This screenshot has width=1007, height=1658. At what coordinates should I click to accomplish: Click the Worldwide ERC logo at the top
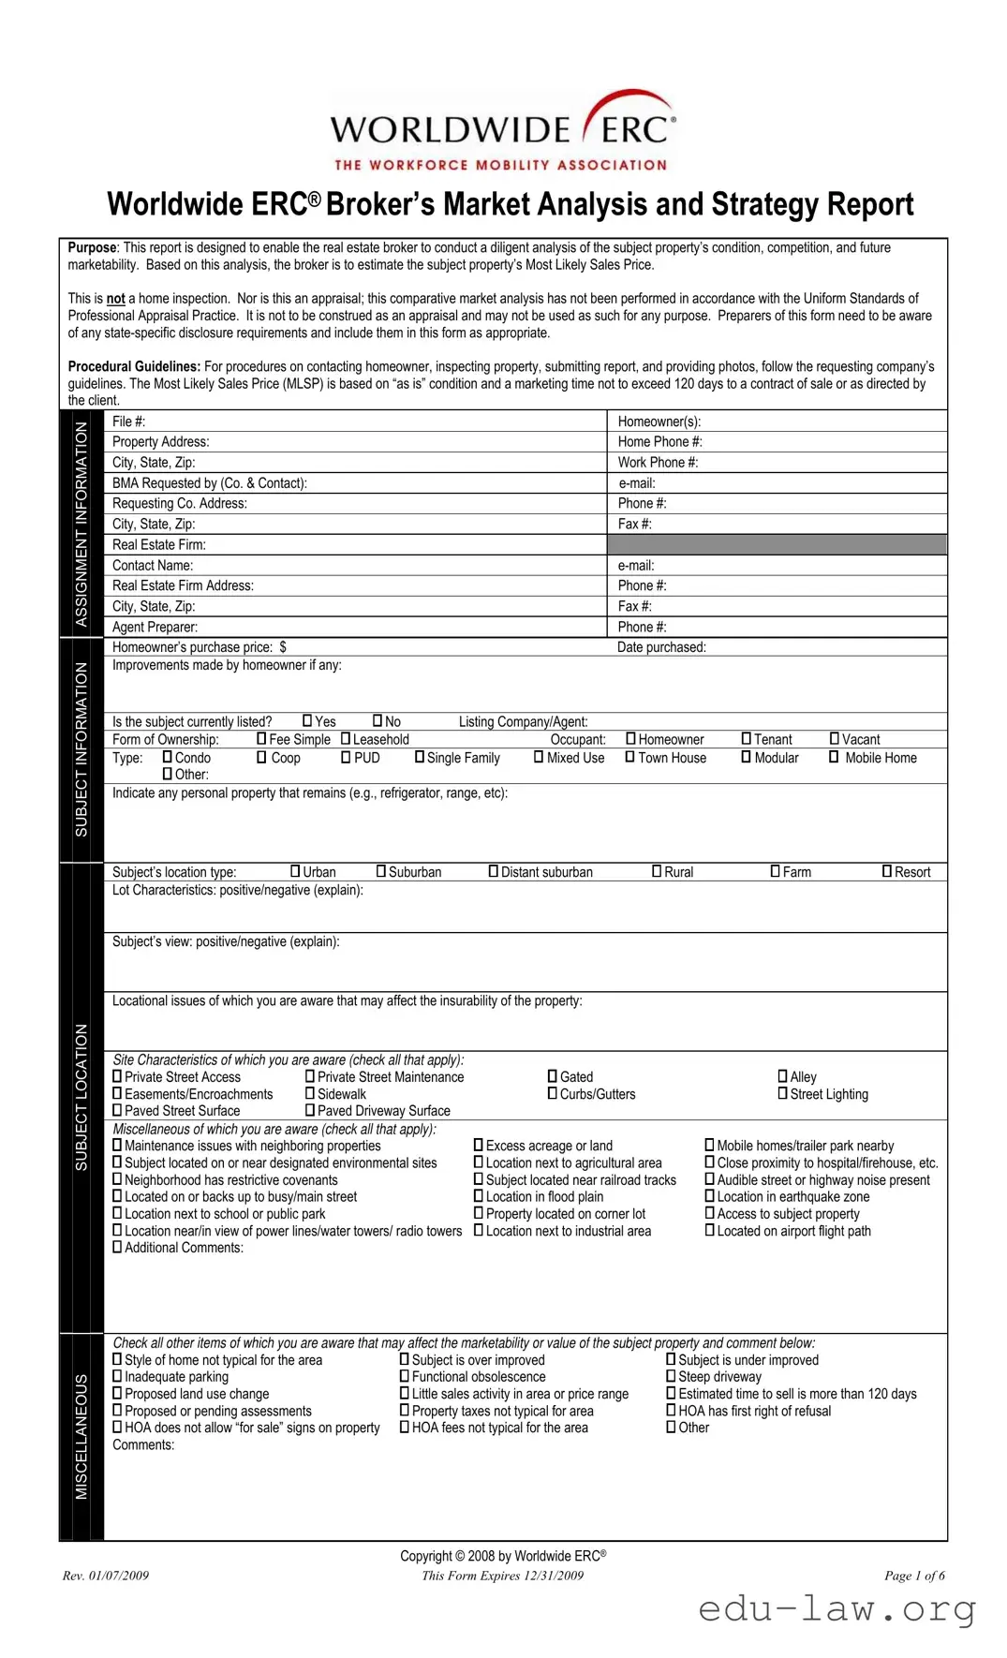coord(503,132)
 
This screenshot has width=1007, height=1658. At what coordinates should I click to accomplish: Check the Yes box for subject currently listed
coord(307,720)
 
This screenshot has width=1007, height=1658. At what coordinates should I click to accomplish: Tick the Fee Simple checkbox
coord(261,738)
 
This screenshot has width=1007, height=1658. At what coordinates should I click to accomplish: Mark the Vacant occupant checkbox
coord(834,738)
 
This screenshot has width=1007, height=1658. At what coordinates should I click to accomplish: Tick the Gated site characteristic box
coord(553,1076)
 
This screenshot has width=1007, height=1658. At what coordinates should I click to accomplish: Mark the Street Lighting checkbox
coord(782,1093)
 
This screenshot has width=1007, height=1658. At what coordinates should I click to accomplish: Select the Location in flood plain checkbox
coord(479,1196)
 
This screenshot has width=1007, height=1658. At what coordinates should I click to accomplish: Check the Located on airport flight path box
coord(709,1230)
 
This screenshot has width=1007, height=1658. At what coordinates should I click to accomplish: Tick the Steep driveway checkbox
coord(671,1376)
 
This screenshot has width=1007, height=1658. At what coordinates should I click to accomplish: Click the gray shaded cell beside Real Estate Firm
coord(777,544)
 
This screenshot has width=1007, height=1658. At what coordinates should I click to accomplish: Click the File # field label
coord(128,422)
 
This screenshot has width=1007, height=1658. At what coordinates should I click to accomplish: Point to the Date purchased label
coord(661,647)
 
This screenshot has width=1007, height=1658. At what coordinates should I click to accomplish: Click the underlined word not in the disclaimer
coord(115,299)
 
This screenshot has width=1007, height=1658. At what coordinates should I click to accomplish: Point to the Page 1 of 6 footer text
coord(913,1576)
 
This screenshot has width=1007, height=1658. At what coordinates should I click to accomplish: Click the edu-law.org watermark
coord(837,1608)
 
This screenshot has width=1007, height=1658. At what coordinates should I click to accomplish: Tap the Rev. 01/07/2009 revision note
coord(106,1576)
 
